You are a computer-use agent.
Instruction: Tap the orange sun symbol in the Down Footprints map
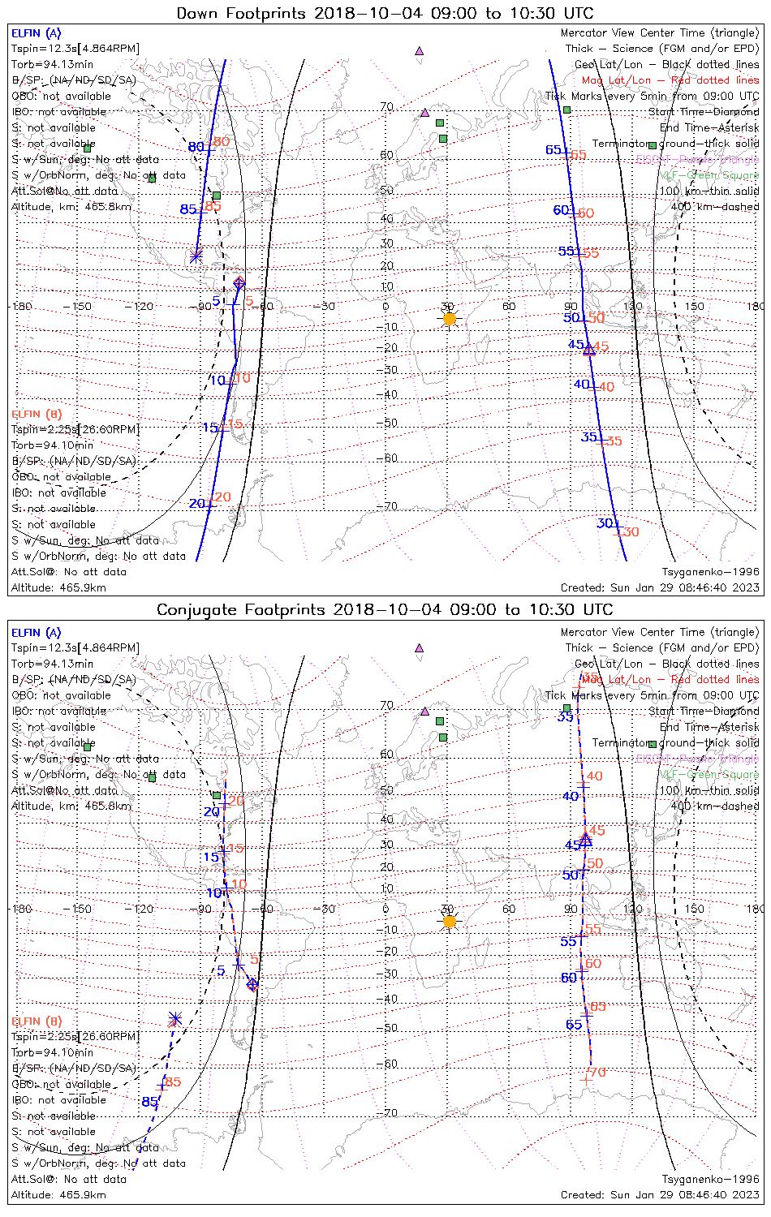450,319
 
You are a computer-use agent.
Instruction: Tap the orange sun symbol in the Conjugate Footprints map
450,921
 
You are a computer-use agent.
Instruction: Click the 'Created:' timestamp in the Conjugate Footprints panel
660,1195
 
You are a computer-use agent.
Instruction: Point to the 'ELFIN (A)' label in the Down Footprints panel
36,33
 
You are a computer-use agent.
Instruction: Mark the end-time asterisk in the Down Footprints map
196,256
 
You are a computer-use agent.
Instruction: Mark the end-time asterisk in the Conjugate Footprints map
174,1019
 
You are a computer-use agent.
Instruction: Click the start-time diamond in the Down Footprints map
239,283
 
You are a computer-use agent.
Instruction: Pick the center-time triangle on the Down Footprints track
589,350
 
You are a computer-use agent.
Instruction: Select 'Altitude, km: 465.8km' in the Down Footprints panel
71,207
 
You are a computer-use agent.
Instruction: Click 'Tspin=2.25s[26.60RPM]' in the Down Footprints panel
75,429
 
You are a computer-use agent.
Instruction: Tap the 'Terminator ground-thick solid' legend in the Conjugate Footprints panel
675,743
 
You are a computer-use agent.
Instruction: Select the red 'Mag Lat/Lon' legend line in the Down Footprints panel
670,80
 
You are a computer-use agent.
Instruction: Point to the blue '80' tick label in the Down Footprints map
196,147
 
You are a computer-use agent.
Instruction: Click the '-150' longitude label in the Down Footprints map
81,307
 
